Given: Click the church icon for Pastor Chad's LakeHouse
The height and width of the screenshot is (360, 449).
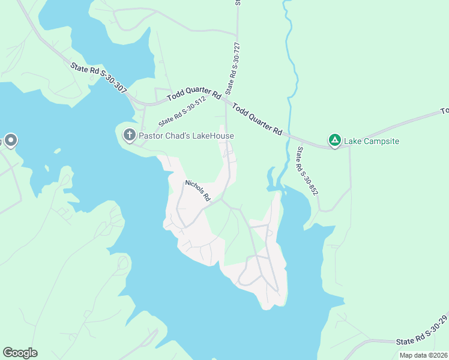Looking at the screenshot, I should click(x=129, y=135).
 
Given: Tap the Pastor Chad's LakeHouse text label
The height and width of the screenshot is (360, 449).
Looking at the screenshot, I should click(x=186, y=136).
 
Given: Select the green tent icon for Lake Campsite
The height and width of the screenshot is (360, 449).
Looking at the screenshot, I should click(x=335, y=141).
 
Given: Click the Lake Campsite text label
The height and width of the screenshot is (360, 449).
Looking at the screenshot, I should click(x=372, y=142).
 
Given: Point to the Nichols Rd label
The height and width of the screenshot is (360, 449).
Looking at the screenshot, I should click(x=197, y=190).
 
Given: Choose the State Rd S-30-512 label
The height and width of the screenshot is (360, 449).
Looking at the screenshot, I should click(x=182, y=112).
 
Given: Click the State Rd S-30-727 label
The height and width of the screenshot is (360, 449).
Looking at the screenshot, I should click(x=232, y=68).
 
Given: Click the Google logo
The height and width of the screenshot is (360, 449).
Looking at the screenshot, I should click(x=20, y=353).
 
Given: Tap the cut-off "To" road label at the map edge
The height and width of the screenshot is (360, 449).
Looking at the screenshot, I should click(x=445, y=111).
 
